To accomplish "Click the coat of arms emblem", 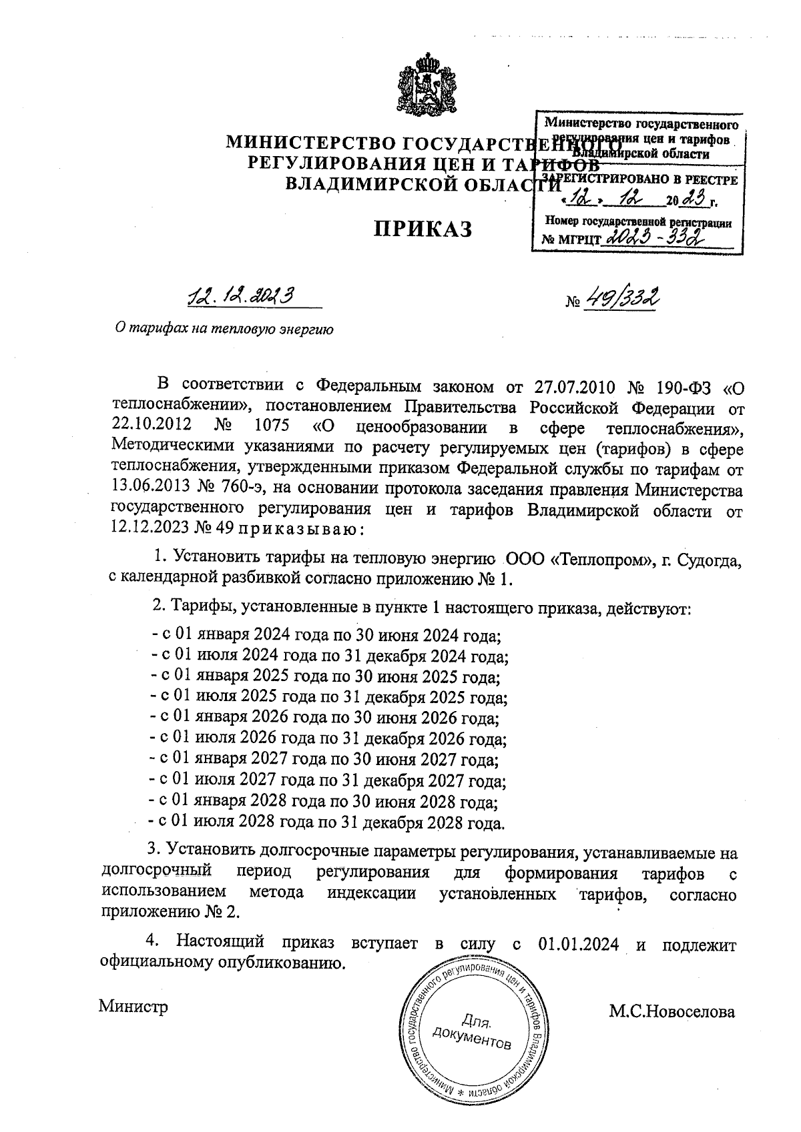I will [x=425, y=87].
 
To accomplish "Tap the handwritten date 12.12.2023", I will [x=242, y=296].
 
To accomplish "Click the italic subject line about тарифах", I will [x=224, y=329].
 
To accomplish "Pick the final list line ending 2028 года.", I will [x=326, y=822].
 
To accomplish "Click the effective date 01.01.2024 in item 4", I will [x=578, y=944].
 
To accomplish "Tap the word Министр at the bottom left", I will [x=133, y=1006].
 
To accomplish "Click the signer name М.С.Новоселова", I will [x=672, y=1012].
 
